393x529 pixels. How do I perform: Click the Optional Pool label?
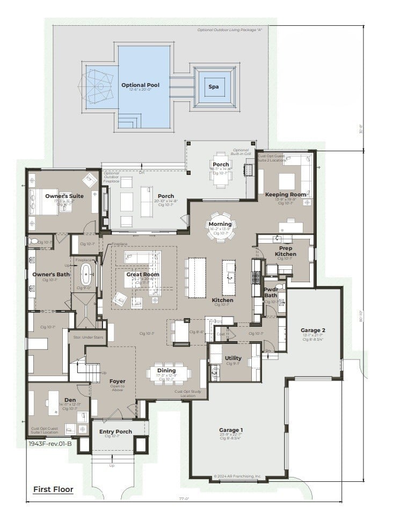(x=140, y=85)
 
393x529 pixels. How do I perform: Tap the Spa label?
(x=214, y=86)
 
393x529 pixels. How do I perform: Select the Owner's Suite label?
(x=64, y=196)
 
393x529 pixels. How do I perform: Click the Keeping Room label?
(x=286, y=194)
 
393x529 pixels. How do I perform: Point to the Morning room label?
(x=220, y=224)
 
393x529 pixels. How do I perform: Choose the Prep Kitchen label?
(x=286, y=251)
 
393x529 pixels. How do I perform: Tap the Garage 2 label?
(x=313, y=330)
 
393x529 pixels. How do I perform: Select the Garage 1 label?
(x=231, y=430)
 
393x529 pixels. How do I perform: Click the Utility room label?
(x=233, y=358)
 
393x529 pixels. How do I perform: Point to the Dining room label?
(x=166, y=370)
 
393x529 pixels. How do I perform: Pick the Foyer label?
(x=117, y=381)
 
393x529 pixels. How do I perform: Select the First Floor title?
(x=53, y=489)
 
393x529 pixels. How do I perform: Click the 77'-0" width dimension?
(x=184, y=499)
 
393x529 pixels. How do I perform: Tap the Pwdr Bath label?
(x=271, y=292)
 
